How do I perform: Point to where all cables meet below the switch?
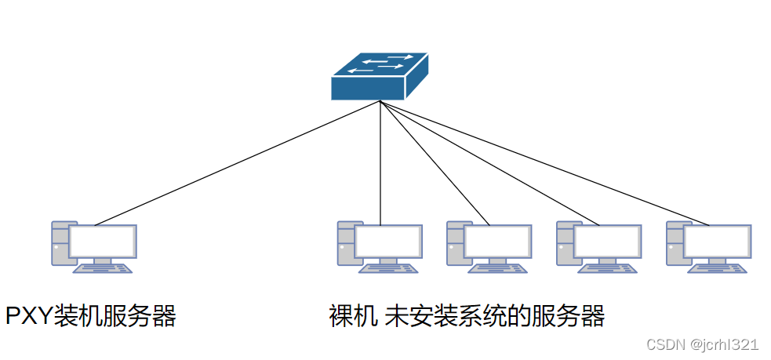pos(380,102)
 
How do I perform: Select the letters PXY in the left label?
pos(28,316)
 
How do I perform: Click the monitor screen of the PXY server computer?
pos(103,242)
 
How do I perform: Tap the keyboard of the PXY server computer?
pos(103,268)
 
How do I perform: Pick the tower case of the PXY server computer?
pos(60,243)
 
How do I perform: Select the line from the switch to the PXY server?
pos(235,163)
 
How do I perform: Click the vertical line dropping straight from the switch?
pos(380,165)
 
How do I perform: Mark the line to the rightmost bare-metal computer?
pos(549,165)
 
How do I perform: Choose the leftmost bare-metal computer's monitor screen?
pos(388,242)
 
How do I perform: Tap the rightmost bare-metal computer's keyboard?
pos(717,268)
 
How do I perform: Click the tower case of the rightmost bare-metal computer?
pos(674,243)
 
